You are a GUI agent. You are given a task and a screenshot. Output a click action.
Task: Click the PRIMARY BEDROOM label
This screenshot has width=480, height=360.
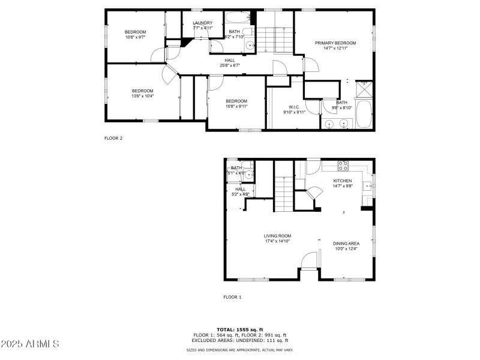(335, 43)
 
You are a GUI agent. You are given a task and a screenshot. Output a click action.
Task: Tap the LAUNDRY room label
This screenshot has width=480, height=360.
(202, 23)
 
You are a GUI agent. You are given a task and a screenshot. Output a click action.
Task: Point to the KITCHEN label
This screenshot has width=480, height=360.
(342, 181)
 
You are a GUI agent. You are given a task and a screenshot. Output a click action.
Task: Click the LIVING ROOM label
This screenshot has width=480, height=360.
(277, 236)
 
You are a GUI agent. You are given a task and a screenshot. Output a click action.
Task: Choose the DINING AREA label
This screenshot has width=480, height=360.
(346, 243)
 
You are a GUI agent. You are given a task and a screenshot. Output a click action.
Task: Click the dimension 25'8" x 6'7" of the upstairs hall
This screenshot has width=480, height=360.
(229, 65)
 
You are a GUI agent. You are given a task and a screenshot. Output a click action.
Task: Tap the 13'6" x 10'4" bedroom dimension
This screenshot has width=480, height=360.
(143, 96)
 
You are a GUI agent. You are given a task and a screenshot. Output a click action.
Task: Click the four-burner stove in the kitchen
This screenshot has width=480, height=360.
(344, 164)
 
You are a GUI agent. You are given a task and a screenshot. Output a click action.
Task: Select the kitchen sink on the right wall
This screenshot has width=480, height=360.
(371, 181)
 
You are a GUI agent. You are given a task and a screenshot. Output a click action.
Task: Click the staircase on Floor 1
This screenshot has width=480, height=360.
(284, 193)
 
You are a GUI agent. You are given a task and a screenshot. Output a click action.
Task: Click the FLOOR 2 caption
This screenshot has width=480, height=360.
(113, 138)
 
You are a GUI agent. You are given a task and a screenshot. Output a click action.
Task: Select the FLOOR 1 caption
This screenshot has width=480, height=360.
(232, 297)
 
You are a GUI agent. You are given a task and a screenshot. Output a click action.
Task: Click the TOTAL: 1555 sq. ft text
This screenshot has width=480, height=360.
(240, 330)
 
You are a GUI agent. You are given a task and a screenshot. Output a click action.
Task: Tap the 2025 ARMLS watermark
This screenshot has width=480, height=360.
(30, 344)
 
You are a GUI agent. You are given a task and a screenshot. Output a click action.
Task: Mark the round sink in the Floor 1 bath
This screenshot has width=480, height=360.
(248, 175)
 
